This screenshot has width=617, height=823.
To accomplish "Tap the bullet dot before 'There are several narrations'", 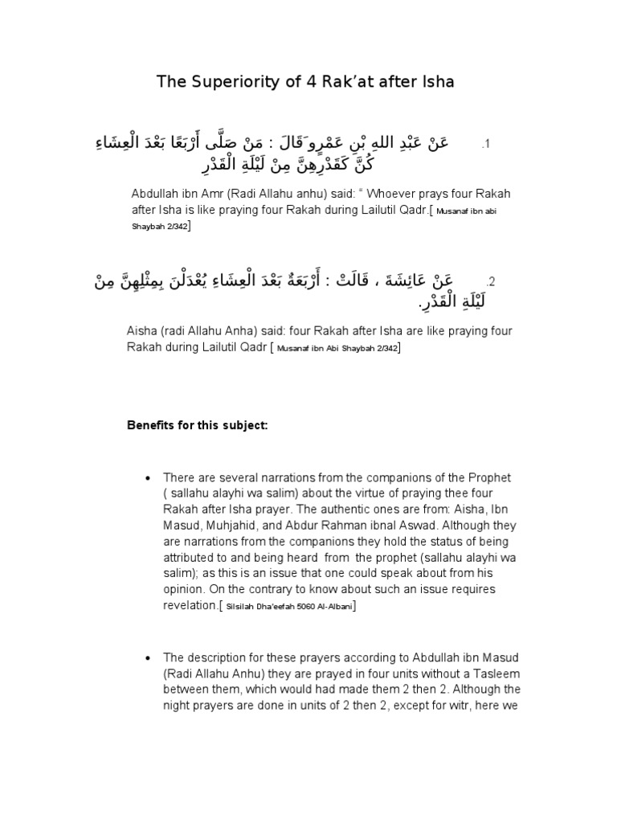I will coord(145,477).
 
